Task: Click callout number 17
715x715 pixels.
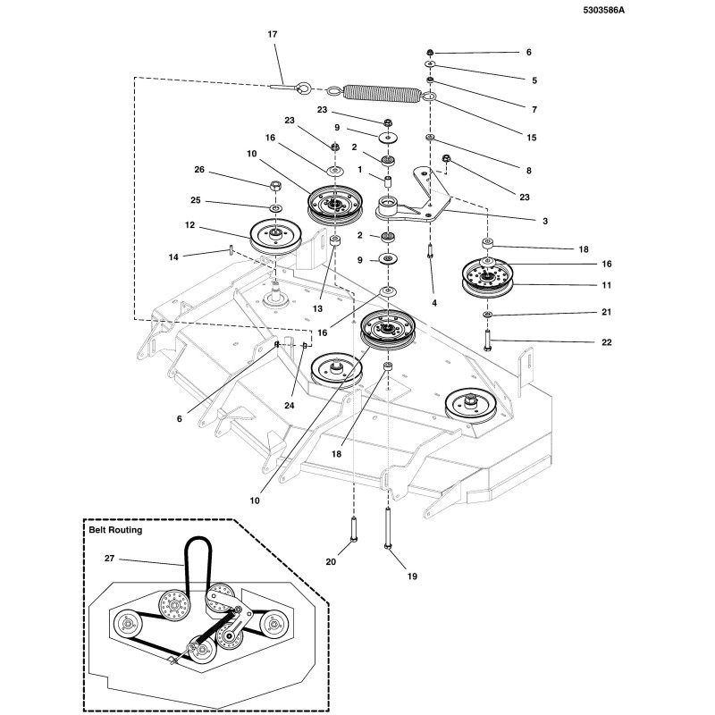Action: [x=273, y=34]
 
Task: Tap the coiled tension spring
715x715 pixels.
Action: [x=383, y=92]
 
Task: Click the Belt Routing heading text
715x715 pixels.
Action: [x=115, y=530]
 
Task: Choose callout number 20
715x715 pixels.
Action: [x=330, y=562]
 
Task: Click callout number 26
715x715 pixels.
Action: [x=199, y=170]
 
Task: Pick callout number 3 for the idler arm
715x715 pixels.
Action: [x=544, y=220]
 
